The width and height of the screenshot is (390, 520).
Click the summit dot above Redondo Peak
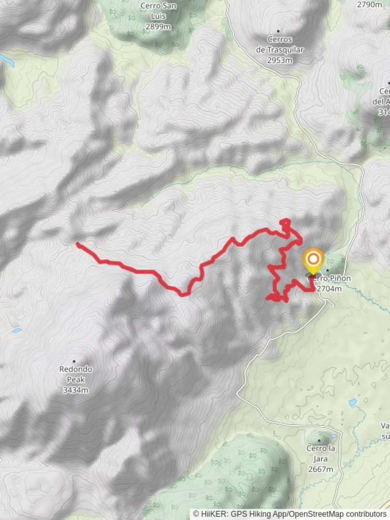click(74, 361)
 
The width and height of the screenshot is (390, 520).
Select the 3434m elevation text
click(76, 390)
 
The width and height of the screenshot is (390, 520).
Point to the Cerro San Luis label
click(158, 11)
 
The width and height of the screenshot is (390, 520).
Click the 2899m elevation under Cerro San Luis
click(158, 26)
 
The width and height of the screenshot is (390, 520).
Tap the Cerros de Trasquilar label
click(280, 44)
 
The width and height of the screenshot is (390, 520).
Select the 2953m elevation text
click(280, 60)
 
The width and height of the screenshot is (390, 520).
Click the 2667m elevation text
click(321, 469)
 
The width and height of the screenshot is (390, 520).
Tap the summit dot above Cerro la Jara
click(320, 440)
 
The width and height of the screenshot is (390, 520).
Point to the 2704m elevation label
click(329, 288)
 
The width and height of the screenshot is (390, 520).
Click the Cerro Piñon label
click(329, 278)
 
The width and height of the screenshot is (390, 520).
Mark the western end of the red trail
click(78, 244)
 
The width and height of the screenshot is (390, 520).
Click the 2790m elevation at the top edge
click(369, 4)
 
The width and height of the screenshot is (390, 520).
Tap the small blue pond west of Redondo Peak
click(16, 330)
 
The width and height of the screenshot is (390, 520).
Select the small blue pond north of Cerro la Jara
click(353, 402)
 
